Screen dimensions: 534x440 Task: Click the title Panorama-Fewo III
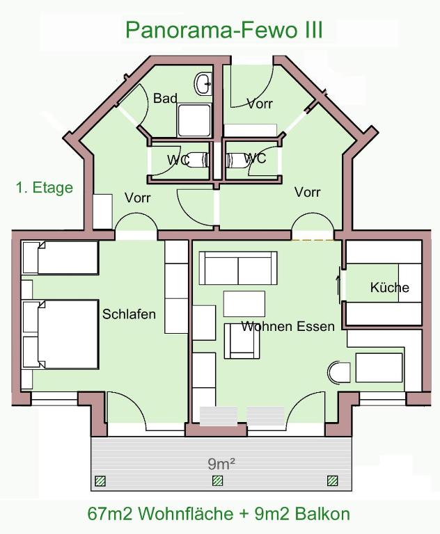(223, 30)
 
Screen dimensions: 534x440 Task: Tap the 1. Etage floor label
(45, 188)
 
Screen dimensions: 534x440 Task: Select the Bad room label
(165, 99)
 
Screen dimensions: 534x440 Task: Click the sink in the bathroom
(204, 84)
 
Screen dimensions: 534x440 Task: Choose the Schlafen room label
(129, 314)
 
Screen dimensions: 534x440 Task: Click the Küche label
(390, 287)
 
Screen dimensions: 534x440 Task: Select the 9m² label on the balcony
(221, 464)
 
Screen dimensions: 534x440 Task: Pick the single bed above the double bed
(61, 258)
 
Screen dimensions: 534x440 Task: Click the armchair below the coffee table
(241, 341)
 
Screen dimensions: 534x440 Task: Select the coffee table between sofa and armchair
(244, 304)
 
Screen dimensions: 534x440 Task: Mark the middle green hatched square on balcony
(217, 480)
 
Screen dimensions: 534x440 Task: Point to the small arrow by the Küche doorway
(339, 283)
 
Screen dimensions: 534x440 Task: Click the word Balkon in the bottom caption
(322, 515)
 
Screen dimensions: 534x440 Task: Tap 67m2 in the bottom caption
(111, 515)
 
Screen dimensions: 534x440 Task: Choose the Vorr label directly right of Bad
(260, 104)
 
